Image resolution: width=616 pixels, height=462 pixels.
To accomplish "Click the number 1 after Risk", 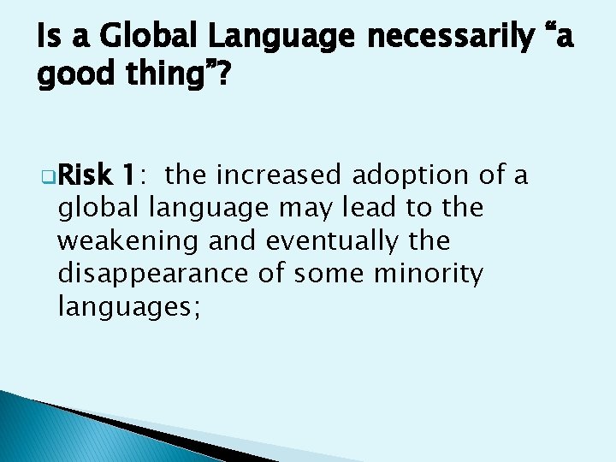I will [x=128, y=175].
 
